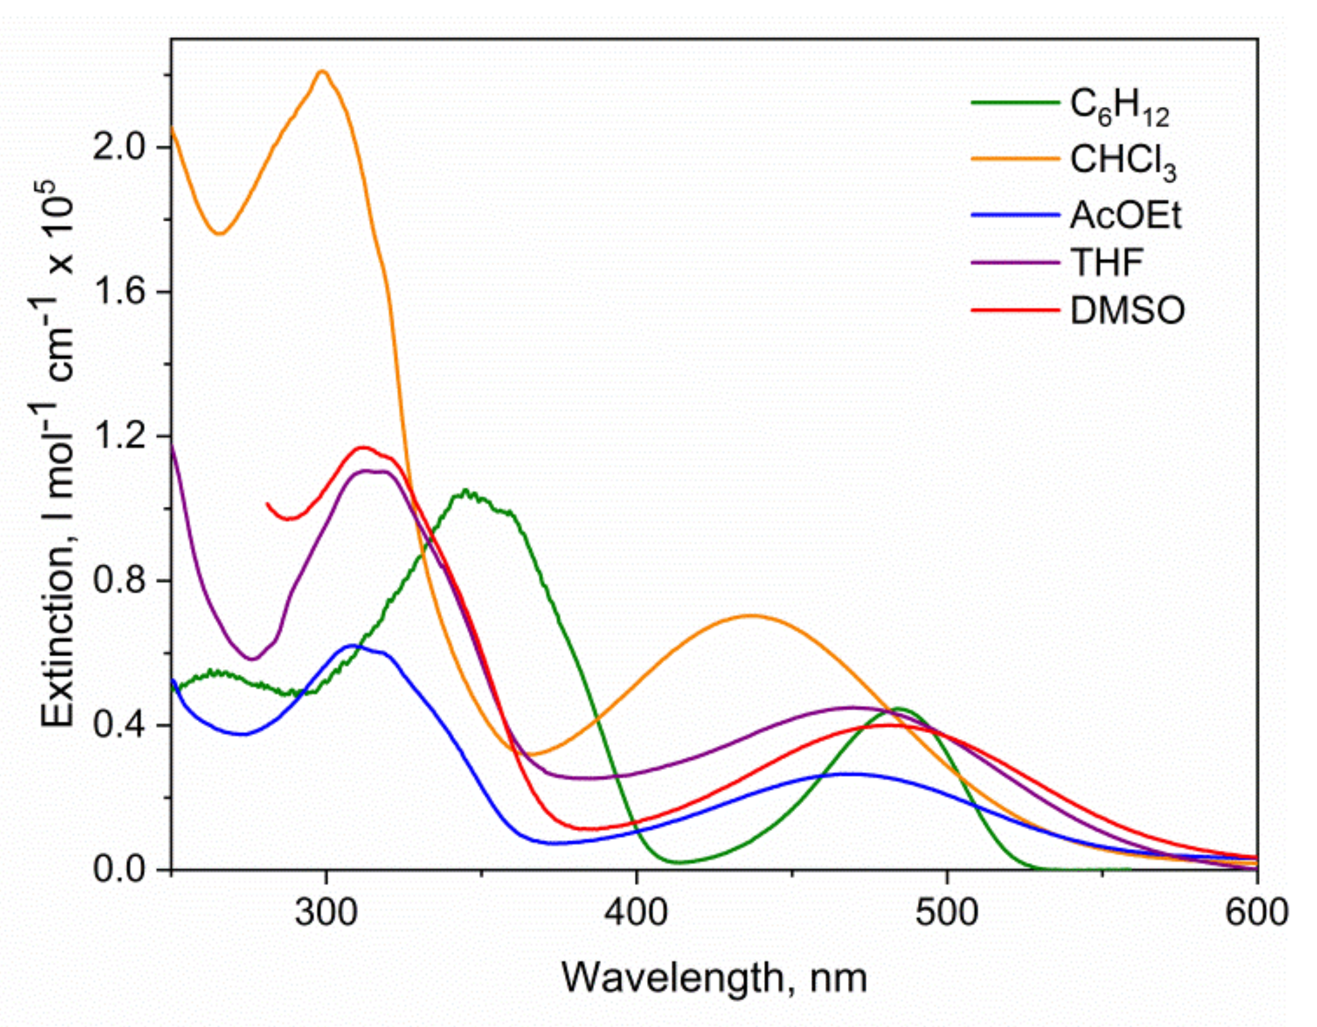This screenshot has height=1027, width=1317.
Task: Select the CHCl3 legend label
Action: (1123, 161)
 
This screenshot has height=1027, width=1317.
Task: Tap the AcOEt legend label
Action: (1125, 215)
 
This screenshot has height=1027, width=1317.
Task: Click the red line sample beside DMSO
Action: (1015, 311)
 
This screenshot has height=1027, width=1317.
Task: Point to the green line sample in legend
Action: (1015, 102)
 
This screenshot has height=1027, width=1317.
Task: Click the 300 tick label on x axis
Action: (325, 912)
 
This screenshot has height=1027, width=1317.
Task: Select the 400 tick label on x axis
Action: (636, 912)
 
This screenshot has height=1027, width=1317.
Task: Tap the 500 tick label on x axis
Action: (946, 912)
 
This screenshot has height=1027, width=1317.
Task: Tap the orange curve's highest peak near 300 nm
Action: (322, 72)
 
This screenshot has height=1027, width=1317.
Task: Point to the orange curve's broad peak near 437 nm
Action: (751, 616)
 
